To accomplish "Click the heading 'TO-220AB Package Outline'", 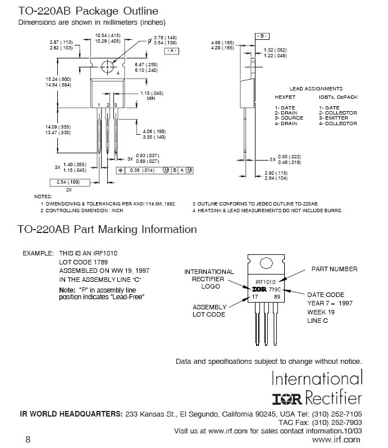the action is [88, 11].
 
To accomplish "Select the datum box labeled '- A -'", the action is [172, 51].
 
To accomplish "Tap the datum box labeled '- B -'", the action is [262, 36].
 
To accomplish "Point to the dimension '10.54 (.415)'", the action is [108, 35].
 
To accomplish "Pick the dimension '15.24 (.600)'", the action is [58, 79].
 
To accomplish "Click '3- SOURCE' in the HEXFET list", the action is [289, 118].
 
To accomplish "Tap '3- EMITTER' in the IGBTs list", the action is [334, 118].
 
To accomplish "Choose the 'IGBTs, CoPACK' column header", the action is [338, 97].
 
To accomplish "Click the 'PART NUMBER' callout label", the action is [334, 269].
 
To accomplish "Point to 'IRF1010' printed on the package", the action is [266, 282].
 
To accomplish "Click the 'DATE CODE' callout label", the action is [326, 295].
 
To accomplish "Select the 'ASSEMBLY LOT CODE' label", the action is [209, 311].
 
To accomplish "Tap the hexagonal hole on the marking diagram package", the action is [266, 263].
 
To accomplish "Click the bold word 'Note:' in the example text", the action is [67, 290].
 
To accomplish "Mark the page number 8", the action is [28, 439].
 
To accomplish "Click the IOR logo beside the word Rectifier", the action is [287, 399].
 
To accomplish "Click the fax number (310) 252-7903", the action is [337, 423].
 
